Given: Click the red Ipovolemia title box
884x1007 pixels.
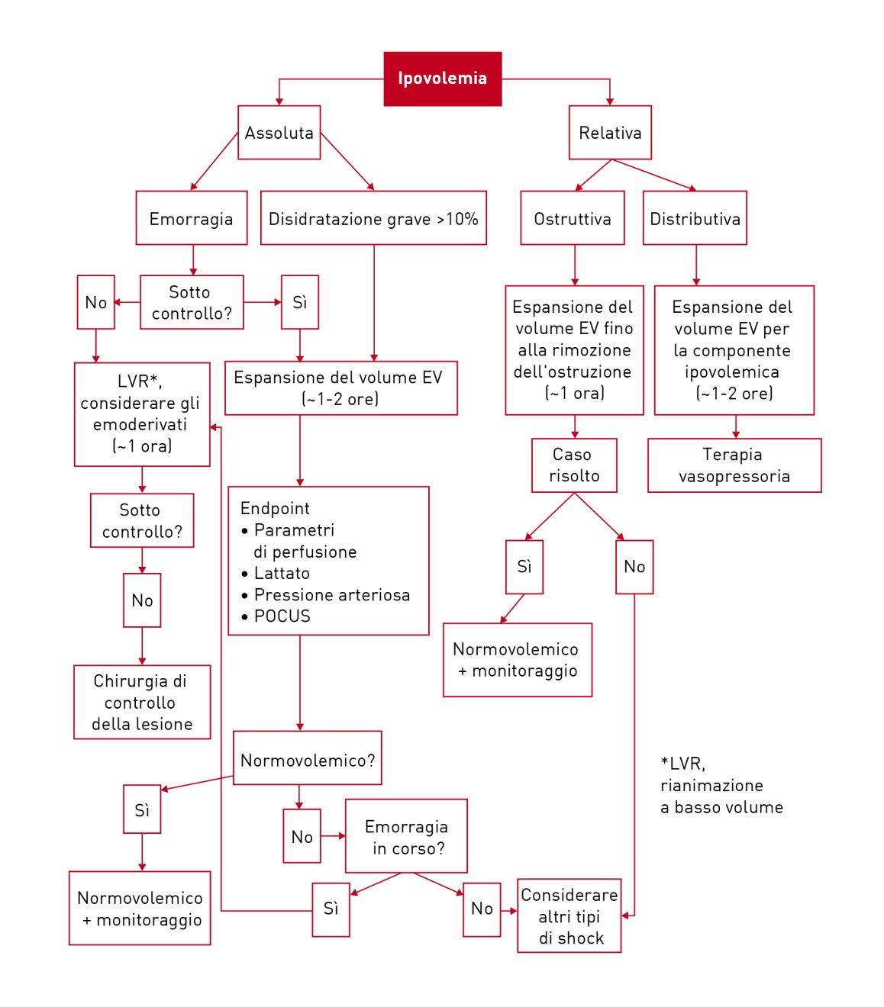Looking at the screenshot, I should point(442,79).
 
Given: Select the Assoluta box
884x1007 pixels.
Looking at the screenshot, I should point(279,133).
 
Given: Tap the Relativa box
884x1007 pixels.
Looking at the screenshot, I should point(609,133).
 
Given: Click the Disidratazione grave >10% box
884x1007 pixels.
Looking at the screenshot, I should point(373,218).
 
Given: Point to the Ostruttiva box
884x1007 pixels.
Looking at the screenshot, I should point(572,218).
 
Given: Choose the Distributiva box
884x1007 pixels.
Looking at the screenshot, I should point(695,218).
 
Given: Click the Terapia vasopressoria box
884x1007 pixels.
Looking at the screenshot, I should point(734,465).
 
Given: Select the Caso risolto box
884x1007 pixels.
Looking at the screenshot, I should point(574,465).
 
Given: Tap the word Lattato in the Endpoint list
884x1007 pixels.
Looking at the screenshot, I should point(282,573).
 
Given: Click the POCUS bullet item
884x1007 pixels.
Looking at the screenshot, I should point(282,616).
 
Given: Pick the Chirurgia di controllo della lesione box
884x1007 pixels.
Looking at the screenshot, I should point(142,702).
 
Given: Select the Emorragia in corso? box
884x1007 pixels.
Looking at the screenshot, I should point(406,836).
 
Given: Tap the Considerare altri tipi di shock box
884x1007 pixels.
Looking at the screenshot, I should point(569,915).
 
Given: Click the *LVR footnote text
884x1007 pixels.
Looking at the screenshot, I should point(721,785).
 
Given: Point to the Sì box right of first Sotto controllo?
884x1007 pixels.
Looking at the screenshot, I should point(299,302).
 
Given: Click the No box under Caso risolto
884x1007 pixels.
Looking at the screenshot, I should point(634,567).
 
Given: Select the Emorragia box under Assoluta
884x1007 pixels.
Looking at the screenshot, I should point(191,218).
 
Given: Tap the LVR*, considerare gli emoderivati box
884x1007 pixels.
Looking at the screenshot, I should point(142,414).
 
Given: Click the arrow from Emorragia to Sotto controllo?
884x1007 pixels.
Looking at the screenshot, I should point(193,260).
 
